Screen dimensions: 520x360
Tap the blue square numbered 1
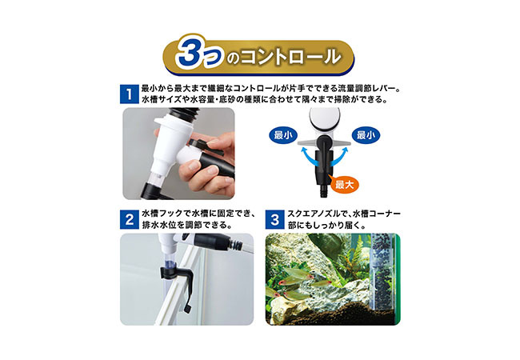click(130, 94)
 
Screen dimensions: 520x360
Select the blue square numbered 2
click(130, 219)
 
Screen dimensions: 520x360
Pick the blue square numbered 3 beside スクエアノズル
click(274, 219)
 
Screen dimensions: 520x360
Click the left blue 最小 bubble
click(283, 135)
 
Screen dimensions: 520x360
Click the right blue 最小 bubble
click(366, 135)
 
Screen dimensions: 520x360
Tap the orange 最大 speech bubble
click(344, 184)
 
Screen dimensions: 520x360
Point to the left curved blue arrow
click(308, 158)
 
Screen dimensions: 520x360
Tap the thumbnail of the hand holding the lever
click(178, 154)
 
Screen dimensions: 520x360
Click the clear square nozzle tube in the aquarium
click(381, 272)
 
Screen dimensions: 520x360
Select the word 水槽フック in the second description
click(166, 214)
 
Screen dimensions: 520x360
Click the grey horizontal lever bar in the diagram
click(324, 143)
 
